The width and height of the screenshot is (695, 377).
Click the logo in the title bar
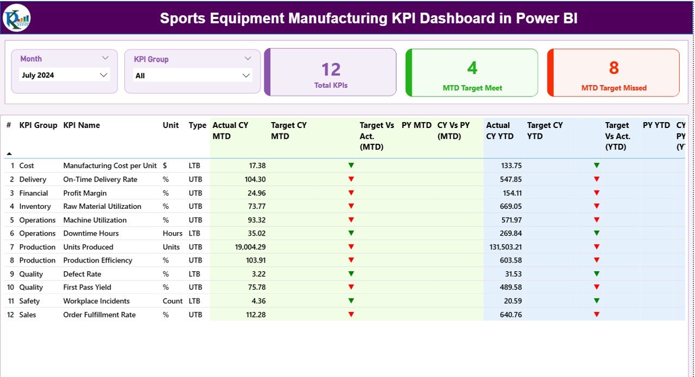click(x=16, y=18)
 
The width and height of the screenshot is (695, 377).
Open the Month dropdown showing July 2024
click(x=65, y=75)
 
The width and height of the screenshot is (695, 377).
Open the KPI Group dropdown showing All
click(x=193, y=76)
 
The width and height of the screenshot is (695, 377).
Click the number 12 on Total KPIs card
click(x=331, y=69)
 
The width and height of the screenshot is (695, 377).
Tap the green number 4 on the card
click(x=472, y=68)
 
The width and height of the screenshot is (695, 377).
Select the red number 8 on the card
click(x=614, y=68)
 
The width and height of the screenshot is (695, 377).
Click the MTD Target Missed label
click(x=614, y=88)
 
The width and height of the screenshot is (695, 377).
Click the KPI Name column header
click(x=81, y=125)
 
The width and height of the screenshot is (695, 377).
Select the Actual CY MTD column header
click(x=230, y=131)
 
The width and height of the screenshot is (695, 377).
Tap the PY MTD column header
click(x=416, y=125)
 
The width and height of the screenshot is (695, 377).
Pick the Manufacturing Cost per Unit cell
click(x=110, y=165)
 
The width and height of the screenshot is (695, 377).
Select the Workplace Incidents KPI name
click(x=96, y=301)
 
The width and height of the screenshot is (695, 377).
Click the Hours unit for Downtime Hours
click(x=173, y=233)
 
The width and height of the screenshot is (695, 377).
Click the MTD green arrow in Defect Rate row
click(x=351, y=273)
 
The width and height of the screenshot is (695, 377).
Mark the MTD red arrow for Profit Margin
click(x=351, y=193)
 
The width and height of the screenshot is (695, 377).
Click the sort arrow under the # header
click(x=9, y=154)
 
